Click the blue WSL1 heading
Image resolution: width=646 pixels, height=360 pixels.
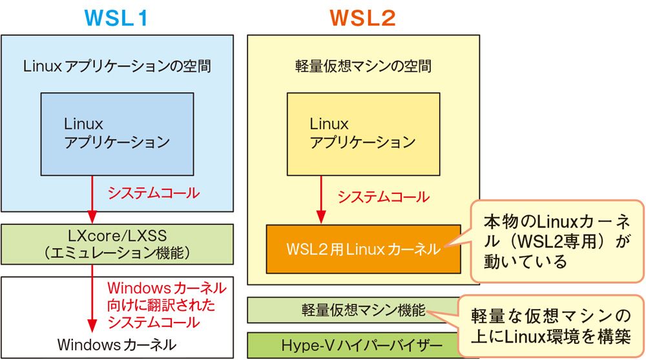click(116, 17)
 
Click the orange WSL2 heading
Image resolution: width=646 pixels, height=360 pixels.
click(363, 17)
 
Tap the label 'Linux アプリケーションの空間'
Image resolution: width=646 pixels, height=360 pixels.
click(117, 66)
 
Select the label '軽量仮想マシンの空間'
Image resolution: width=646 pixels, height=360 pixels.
click(363, 66)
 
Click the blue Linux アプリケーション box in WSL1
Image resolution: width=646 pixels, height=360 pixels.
click(117, 134)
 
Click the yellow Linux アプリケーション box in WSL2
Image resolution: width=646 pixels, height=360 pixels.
click(363, 134)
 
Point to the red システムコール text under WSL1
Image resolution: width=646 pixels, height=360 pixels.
click(153, 193)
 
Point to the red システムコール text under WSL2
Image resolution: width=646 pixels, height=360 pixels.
click(383, 196)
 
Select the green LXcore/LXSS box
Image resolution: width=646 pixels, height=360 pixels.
click(117, 244)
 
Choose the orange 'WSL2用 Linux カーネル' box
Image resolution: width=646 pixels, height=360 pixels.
click(363, 249)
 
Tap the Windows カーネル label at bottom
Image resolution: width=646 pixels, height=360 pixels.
click(117, 343)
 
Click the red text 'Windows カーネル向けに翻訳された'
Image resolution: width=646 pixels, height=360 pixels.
click(166, 296)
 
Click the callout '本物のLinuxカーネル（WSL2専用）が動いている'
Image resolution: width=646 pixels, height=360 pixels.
click(557, 241)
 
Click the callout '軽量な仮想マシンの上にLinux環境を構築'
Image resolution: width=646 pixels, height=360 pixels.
click(550, 326)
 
